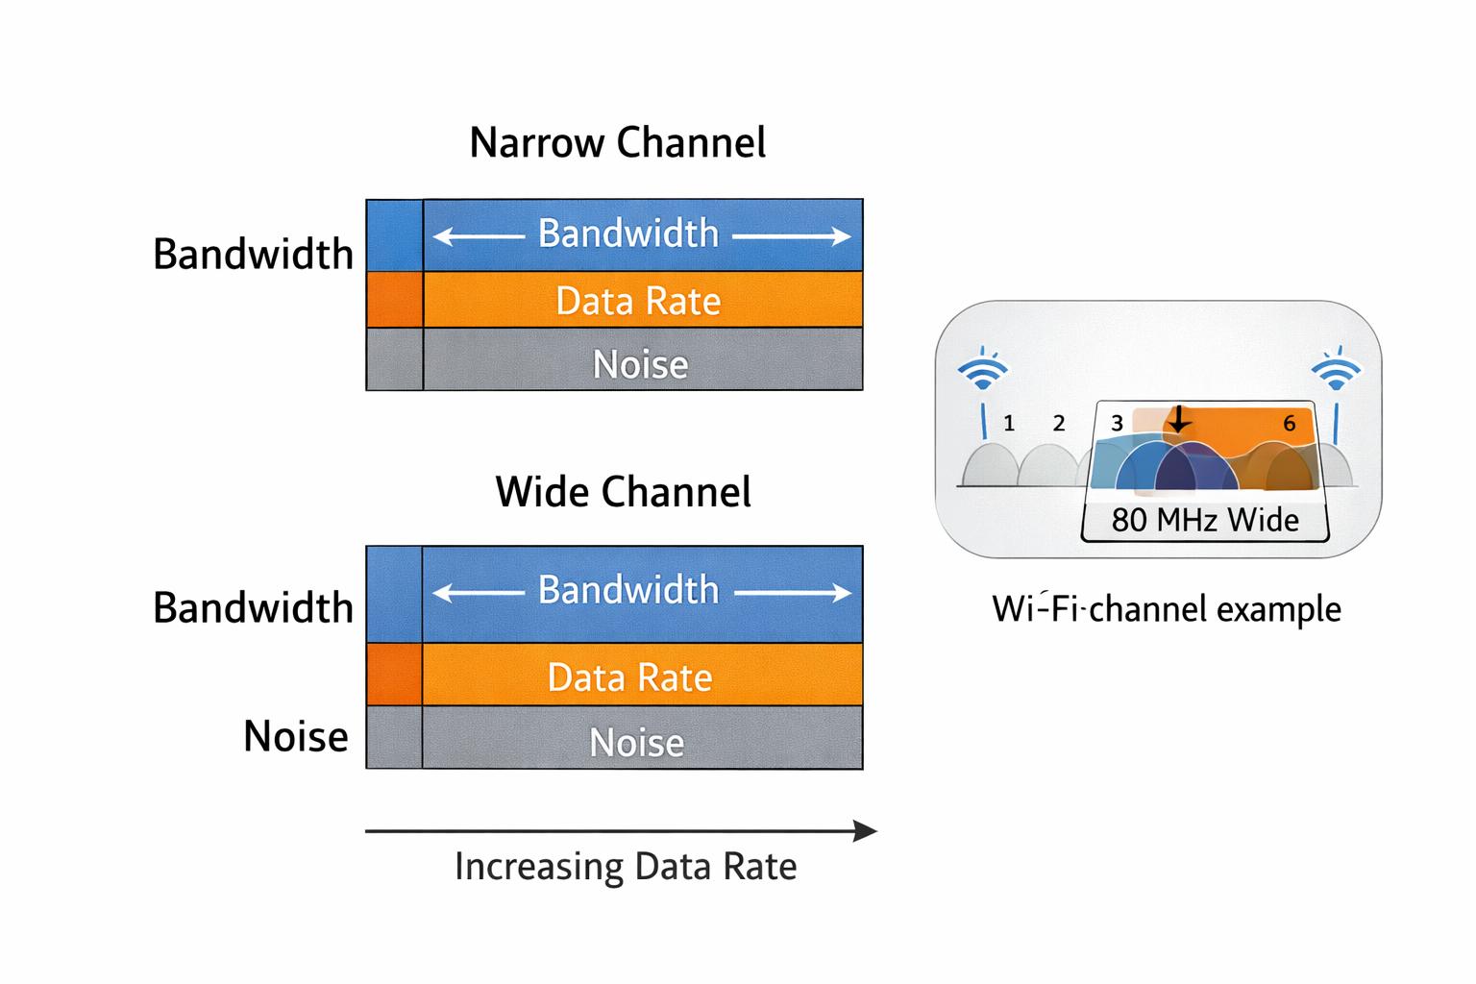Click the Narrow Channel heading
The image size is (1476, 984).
click(x=617, y=143)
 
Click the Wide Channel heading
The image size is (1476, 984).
click(x=623, y=492)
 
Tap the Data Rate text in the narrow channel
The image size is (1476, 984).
click(x=638, y=302)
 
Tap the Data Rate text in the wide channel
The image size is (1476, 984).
click(x=629, y=678)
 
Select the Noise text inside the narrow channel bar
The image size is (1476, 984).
click(x=640, y=365)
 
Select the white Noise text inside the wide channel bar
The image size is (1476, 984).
click(x=636, y=743)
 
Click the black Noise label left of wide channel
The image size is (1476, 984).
click(x=295, y=737)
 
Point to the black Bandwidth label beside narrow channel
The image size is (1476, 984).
click(x=253, y=255)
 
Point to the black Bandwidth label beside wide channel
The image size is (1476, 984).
click(x=253, y=608)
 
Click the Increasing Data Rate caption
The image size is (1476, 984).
click(x=625, y=867)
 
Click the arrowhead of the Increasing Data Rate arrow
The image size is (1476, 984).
click(x=867, y=831)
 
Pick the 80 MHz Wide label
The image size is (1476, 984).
click(x=1204, y=521)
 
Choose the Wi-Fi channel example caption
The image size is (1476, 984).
click(x=1166, y=609)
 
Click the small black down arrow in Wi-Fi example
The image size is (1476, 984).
click(x=1178, y=420)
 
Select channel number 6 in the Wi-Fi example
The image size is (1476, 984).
click(x=1289, y=423)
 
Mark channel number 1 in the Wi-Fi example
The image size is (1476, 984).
click(x=1008, y=423)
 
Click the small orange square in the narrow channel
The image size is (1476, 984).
click(x=394, y=300)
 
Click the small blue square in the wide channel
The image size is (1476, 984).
click(x=394, y=594)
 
